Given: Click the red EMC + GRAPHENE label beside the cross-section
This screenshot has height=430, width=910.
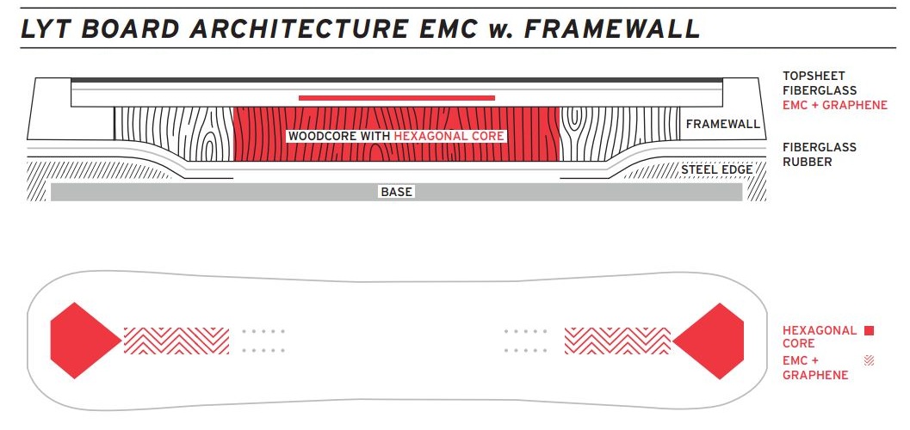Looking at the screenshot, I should [x=834, y=106].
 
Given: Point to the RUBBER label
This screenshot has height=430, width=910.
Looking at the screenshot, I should [x=807, y=162].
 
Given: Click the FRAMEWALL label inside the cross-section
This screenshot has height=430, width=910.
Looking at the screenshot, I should [x=722, y=125].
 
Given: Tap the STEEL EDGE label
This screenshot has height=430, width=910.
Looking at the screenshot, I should [x=716, y=169].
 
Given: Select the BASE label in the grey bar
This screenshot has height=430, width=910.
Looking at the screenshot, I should [x=396, y=192].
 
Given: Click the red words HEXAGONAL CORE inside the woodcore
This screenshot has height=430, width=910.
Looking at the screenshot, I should [x=449, y=137].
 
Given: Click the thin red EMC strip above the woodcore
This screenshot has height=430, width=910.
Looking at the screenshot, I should [x=396, y=98].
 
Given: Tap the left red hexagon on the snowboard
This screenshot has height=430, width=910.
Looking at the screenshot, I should [x=84, y=341].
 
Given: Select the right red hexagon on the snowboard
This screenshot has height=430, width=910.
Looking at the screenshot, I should [x=709, y=341].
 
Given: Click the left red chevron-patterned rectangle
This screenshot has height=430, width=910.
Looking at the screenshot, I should [x=176, y=341].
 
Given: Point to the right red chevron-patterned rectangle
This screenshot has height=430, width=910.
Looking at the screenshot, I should [x=616, y=341].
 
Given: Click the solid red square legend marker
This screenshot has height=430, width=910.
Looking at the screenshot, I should [x=869, y=330].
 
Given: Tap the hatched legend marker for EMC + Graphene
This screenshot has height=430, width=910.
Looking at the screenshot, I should [x=869, y=361].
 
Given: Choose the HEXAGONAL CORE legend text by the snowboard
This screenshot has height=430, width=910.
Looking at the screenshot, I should [x=819, y=336].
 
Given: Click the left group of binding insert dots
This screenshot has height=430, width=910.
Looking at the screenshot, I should [x=263, y=341].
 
